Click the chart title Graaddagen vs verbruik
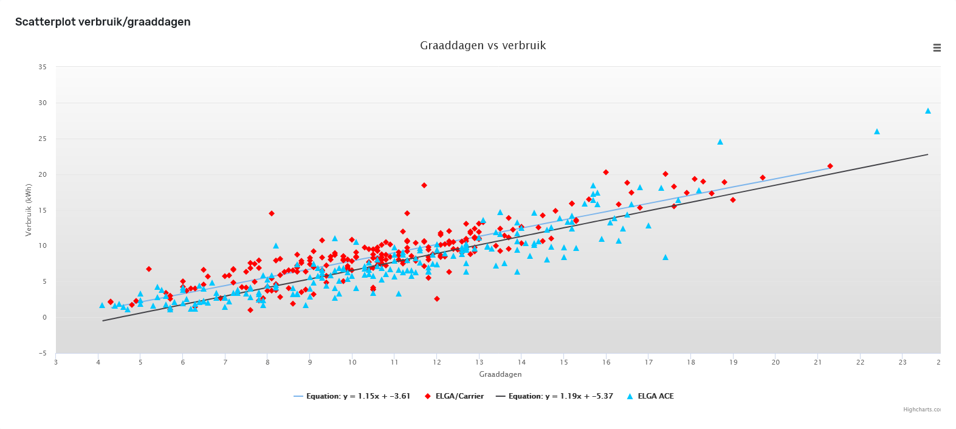483,46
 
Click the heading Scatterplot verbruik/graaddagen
103,22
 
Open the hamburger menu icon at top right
937,48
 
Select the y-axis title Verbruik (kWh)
29,210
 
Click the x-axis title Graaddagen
500,374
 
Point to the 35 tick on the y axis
43,67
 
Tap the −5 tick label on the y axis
42,354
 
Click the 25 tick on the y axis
43,139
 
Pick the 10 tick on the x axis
352,363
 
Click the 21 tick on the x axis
817,363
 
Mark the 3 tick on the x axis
56,363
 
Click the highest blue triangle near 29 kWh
927,111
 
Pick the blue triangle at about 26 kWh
876,131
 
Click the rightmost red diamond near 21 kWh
830,166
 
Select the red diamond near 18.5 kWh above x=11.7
424,185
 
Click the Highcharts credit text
921,410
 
